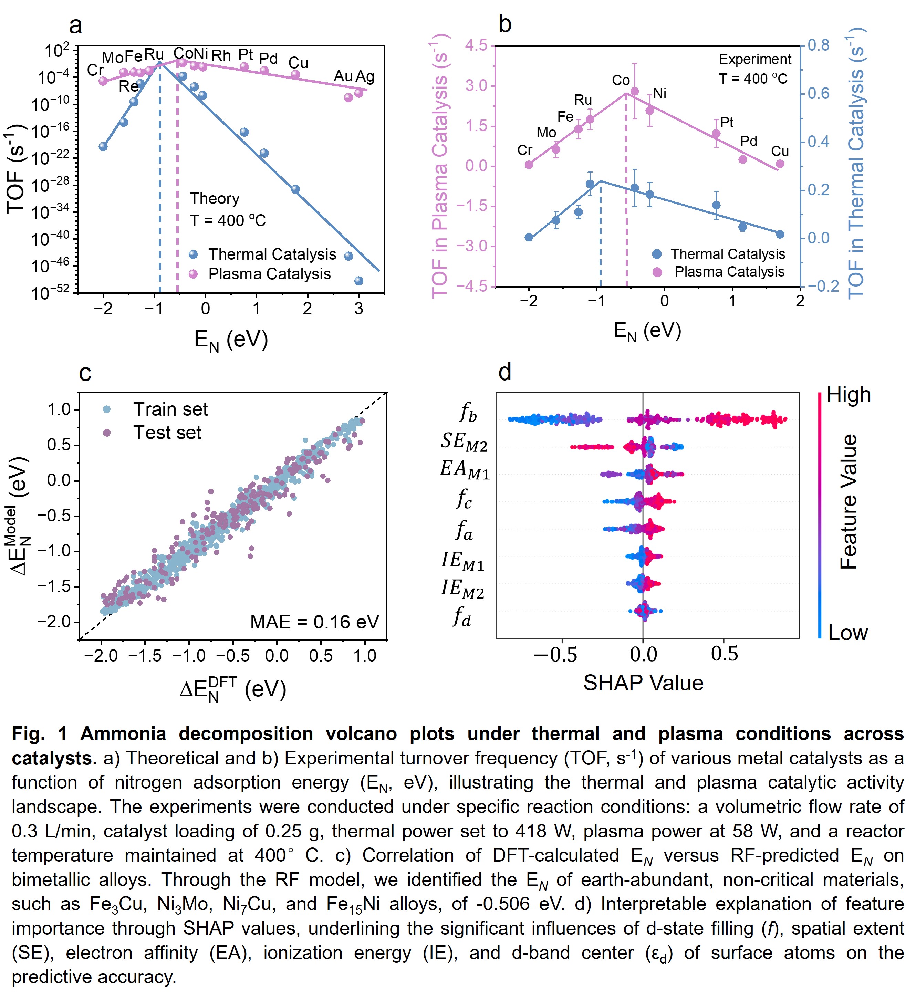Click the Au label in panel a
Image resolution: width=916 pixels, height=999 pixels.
[343, 76]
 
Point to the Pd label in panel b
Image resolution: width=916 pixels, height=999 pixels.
[748, 141]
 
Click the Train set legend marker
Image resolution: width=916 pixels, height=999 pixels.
[106, 409]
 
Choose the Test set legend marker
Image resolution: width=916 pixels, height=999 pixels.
[106, 433]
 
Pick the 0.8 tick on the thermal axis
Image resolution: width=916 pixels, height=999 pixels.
[818, 45]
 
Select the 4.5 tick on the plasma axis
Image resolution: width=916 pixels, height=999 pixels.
[476, 45]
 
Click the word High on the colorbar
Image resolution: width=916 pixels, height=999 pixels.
[849, 395]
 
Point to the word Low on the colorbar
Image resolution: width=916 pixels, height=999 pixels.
[847, 633]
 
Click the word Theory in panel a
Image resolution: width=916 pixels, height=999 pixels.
[215, 198]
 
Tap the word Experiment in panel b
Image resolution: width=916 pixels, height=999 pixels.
[755, 60]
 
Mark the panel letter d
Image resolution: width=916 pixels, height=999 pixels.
[504, 372]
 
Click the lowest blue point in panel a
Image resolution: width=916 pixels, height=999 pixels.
[359, 281]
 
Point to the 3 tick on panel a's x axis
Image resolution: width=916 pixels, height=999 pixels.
[359, 309]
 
